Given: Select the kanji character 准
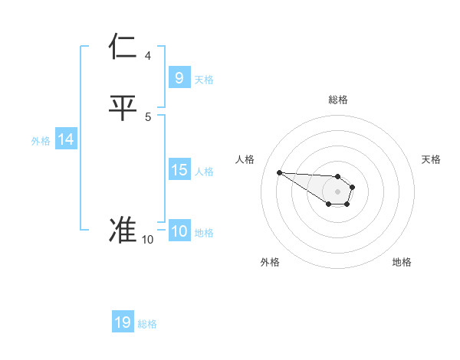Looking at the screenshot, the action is point(123,231).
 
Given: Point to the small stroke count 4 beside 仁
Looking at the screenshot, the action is point(148,56).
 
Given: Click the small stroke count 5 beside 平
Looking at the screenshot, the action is point(148,117).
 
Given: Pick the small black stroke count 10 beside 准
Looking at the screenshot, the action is point(147,240).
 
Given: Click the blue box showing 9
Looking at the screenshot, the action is point(179,77).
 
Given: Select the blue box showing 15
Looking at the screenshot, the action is point(179,170).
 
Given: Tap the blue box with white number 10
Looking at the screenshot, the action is point(179,231).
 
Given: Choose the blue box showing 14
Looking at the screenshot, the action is point(66,139).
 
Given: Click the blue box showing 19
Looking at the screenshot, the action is point(123,322).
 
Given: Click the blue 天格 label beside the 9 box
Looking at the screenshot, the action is point(204,79).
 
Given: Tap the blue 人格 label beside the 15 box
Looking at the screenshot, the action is point(205,172).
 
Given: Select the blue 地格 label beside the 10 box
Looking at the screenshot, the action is point(205,233).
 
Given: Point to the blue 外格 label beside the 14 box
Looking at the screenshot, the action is point(41,141).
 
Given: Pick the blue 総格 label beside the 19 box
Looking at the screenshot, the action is point(148,324).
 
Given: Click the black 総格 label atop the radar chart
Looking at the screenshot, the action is point(337,100).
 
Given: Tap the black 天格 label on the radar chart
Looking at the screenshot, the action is point(432,159).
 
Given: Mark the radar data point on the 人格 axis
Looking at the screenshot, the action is point(279,172).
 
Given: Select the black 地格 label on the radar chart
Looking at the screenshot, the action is point(402,263).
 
